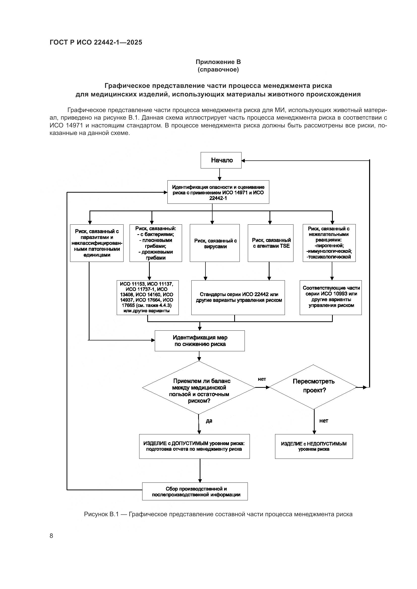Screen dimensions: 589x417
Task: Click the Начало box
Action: click(221, 160)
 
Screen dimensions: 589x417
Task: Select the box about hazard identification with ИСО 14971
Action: click(218, 192)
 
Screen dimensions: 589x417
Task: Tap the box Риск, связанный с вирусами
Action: click(215, 243)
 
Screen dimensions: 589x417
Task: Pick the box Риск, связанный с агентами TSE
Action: click(270, 243)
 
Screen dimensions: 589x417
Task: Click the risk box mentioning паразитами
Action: click(97, 243)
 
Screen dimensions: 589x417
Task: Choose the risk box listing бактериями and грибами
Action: click(156, 243)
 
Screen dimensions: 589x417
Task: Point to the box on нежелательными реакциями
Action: click(329, 243)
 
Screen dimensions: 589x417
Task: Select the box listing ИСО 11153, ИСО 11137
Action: click(148, 298)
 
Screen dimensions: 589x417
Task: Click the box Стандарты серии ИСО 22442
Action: click(238, 298)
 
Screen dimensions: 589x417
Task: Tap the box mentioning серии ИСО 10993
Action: click(331, 298)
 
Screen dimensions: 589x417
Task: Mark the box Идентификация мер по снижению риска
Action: click(199, 341)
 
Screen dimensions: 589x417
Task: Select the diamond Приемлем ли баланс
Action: click(199, 388)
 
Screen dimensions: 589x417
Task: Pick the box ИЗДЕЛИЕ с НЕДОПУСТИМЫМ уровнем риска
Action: click(314, 446)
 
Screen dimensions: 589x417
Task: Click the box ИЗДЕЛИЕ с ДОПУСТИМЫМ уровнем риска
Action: click(194, 446)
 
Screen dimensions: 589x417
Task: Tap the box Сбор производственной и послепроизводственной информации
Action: click(195, 492)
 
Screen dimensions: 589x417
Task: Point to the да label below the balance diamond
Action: click(209, 421)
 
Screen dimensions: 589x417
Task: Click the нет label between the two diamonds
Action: click(262, 379)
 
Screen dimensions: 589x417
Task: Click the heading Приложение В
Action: click(218, 62)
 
